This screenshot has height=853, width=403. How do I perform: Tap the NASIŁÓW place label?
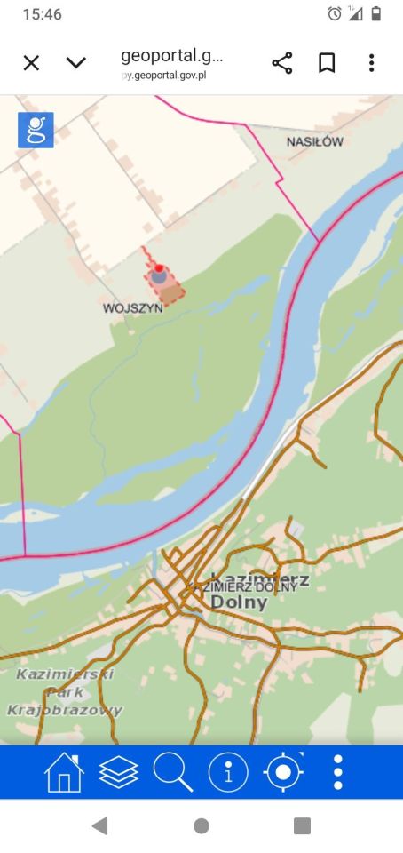click(x=314, y=141)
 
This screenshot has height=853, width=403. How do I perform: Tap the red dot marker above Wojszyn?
click(x=159, y=267)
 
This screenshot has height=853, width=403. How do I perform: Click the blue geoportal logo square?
click(x=36, y=130)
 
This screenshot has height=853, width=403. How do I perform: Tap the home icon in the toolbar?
click(x=64, y=772)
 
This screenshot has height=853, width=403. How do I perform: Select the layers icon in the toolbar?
click(x=118, y=772)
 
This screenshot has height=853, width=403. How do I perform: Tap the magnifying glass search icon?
click(x=172, y=772)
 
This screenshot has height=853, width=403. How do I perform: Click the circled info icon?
click(x=228, y=772)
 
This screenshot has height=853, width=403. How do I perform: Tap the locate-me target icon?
click(x=283, y=772)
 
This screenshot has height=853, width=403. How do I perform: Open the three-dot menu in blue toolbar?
click(x=337, y=772)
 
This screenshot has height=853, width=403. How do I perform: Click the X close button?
click(x=31, y=62)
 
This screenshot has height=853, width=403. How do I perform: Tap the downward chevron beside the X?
click(x=76, y=62)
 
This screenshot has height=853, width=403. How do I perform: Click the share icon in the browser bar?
click(x=282, y=62)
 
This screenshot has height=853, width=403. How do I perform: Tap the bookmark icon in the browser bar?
click(x=327, y=62)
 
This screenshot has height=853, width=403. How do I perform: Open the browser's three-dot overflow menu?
click(x=371, y=62)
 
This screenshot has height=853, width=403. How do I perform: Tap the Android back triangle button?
click(x=99, y=826)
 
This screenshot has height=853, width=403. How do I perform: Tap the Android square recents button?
click(x=302, y=826)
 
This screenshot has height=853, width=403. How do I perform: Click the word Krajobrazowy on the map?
click(x=64, y=710)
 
